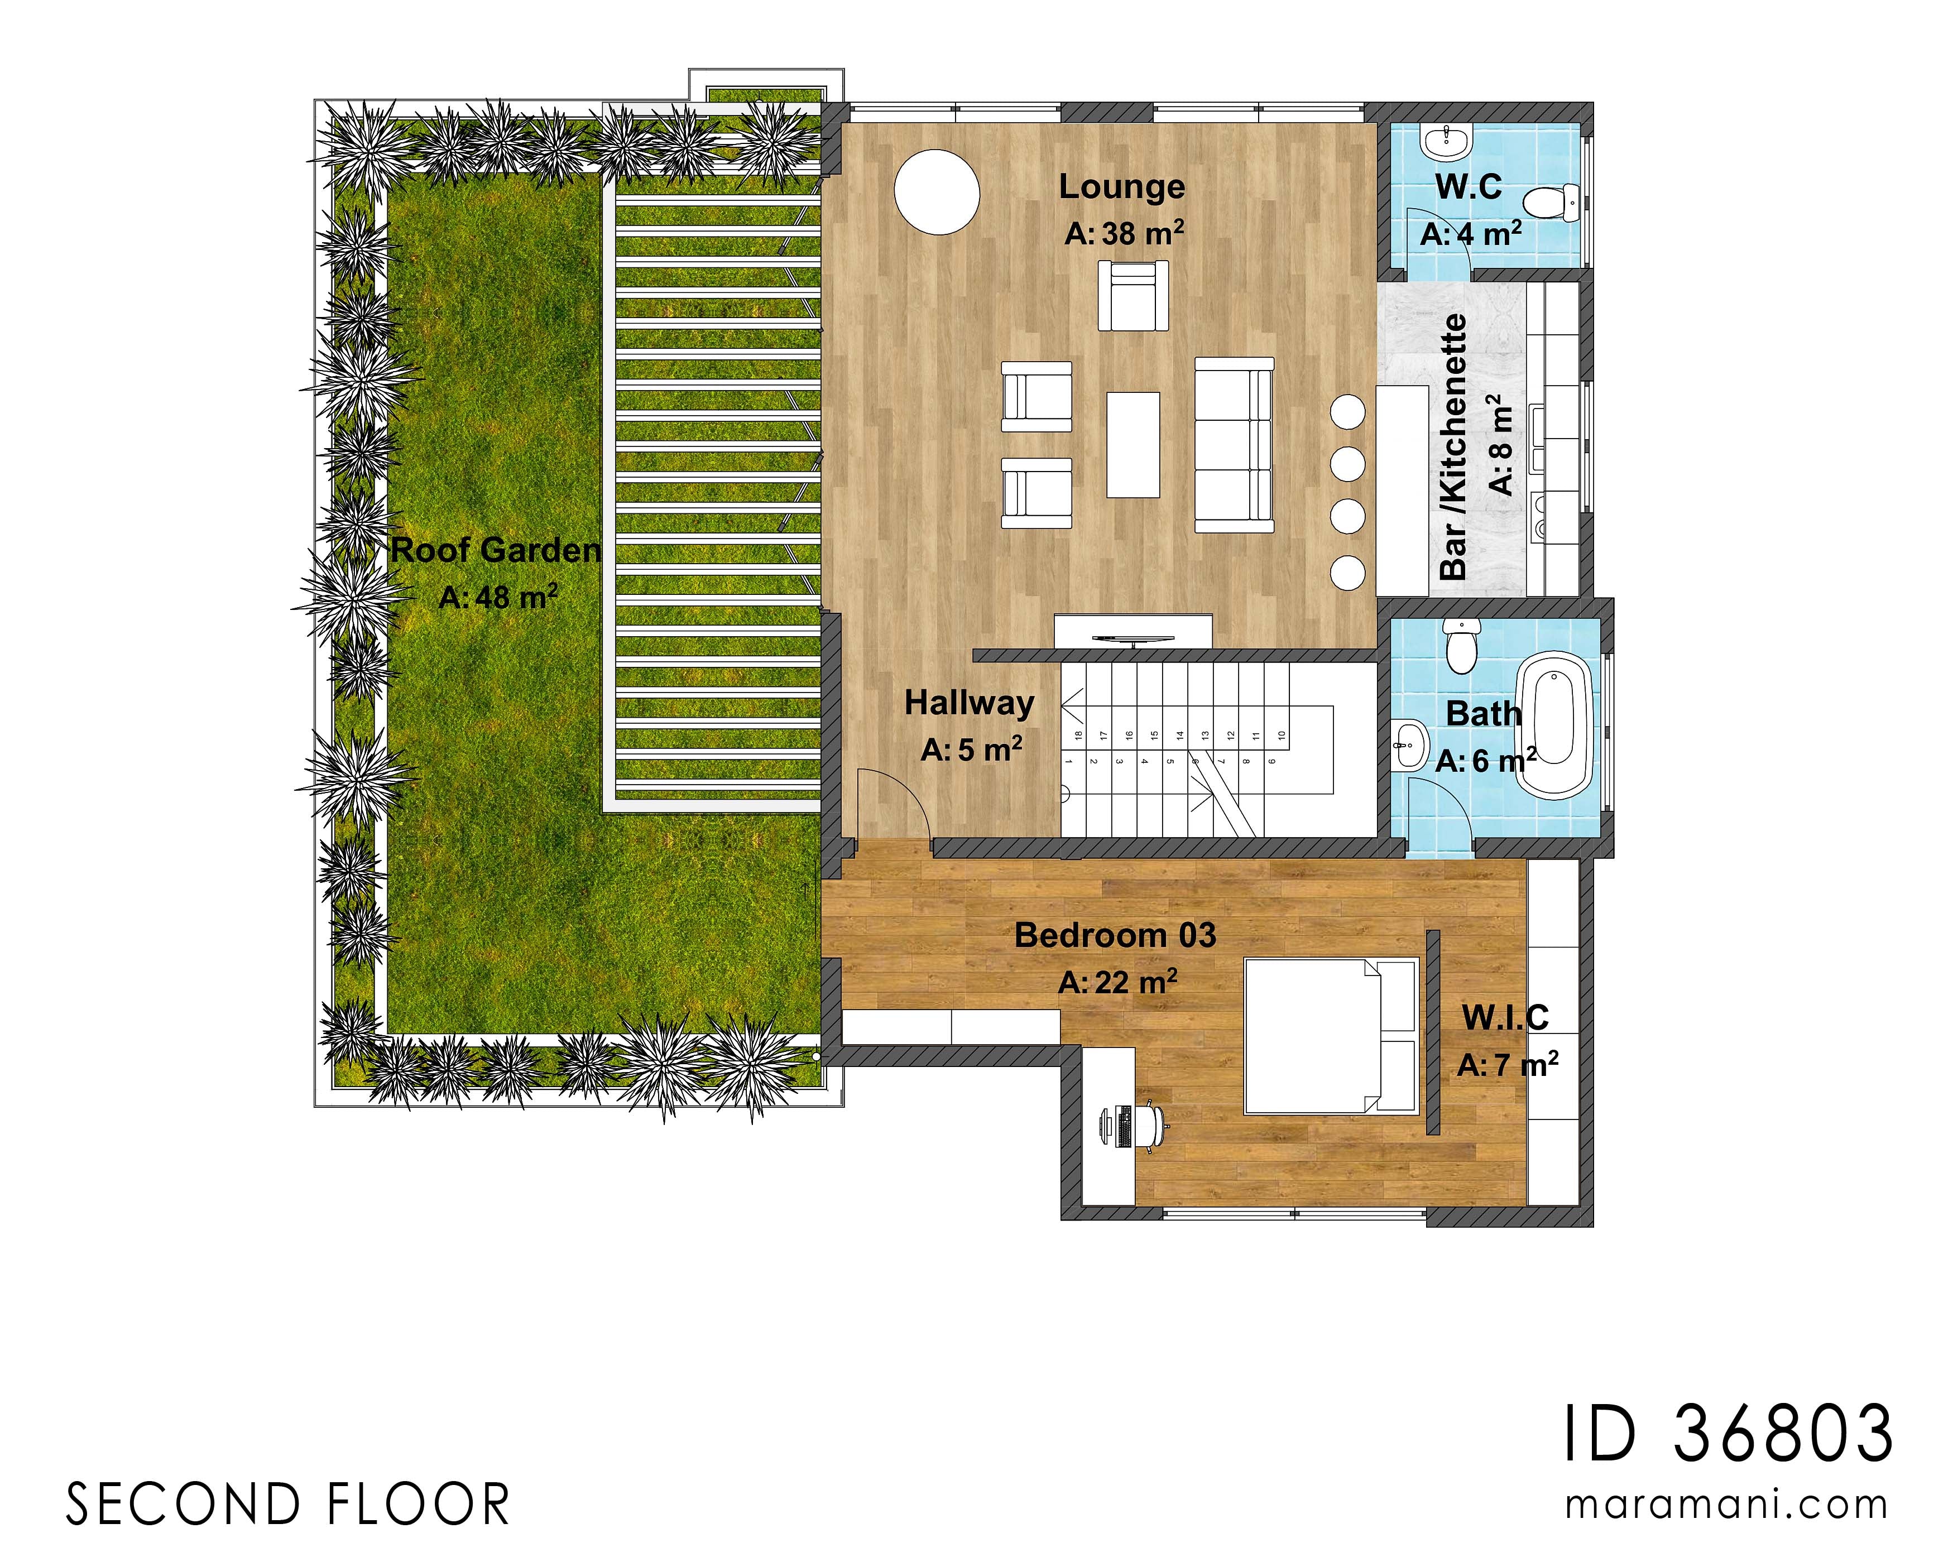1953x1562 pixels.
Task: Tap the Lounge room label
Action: pyautogui.click(x=1121, y=186)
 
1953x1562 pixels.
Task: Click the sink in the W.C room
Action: pyautogui.click(x=1447, y=141)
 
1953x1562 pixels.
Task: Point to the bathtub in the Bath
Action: pyautogui.click(x=1556, y=724)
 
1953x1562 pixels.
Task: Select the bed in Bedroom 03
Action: pyautogui.click(x=1330, y=1036)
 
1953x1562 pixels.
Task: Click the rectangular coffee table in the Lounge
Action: pyautogui.click(x=1133, y=445)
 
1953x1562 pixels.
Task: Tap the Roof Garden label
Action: pyautogui.click(x=496, y=550)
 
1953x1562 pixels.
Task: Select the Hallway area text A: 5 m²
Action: pyautogui.click(x=971, y=750)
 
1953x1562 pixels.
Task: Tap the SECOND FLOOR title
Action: pyautogui.click(x=288, y=1505)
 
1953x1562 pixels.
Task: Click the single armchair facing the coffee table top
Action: pyautogui.click(x=1133, y=295)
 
